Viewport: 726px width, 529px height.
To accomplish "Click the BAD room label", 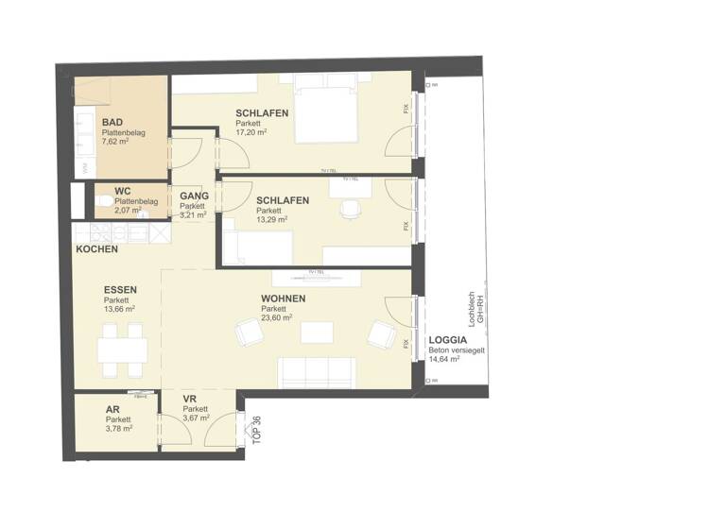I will [x=112, y=123].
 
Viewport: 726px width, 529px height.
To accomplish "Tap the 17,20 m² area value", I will [x=251, y=133].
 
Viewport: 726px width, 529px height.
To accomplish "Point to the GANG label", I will [x=195, y=196].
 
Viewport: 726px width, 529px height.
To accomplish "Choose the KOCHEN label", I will [x=97, y=249].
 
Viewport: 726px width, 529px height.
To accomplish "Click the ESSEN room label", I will [x=121, y=289].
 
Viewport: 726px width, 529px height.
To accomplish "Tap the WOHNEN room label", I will [x=284, y=299].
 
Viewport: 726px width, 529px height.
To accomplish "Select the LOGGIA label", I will [x=448, y=340].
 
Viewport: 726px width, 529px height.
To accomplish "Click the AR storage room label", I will [x=112, y=410].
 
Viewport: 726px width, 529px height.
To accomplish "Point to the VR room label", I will [x=190, y=399].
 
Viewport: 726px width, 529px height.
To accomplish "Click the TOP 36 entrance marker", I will [x=256, y=430].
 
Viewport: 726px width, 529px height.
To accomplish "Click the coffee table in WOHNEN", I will [x=317, y=332].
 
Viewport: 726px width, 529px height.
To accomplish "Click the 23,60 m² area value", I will [x=277, y=318].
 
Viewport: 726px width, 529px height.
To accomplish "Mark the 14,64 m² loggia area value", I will [x=444, y=359].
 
